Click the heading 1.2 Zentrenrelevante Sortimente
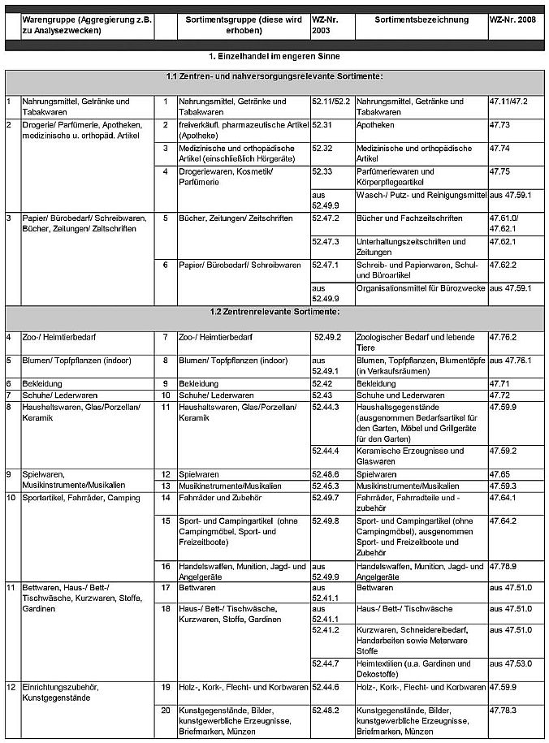click(x=274, y=312)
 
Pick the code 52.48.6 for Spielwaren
click(x=326, y=473)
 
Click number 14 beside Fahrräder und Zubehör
click(x=165, y=496)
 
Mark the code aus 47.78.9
click(x=511, y=566)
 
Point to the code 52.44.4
click(x=326, y=451)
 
